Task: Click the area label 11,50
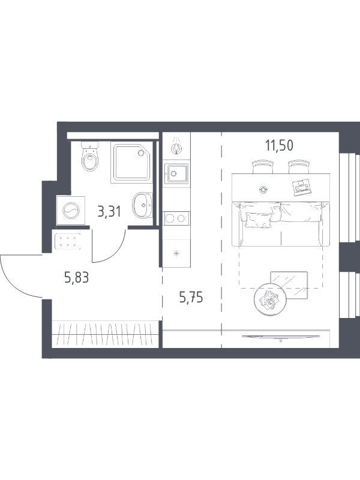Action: point(279,145)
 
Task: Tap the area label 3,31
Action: point(109,212)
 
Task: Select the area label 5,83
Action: point(77,277)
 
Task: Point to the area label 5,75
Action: point(191,297)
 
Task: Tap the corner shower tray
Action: point(132,162)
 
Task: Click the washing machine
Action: point(71,211)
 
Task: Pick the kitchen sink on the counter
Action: point(176,173)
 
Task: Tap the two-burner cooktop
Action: point(176,218)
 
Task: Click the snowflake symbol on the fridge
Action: point(176,253)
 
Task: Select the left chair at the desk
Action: point(262,167)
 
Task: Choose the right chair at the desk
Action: point(299,167)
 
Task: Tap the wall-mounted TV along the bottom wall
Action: point(281,337)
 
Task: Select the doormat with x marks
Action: point(68,241)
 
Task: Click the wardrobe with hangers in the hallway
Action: point(106,334)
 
